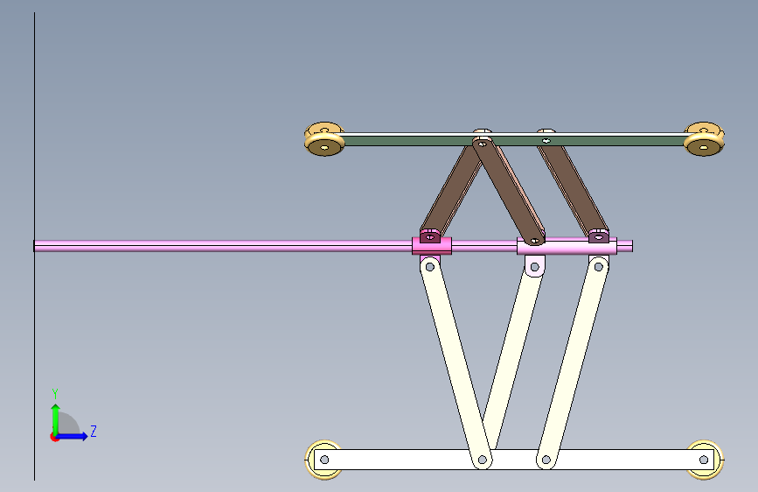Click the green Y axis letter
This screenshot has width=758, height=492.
click(55, 393)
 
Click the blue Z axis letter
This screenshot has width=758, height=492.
click(94, 431)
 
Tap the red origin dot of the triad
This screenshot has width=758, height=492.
click(54, 437)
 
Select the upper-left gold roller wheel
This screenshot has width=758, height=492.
click(324, 139)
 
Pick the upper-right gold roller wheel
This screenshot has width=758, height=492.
click(704, 139)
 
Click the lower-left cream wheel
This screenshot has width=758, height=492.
click(323, 460)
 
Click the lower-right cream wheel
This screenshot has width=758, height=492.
click(705, 460)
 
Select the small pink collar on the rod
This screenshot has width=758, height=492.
click(432, 245)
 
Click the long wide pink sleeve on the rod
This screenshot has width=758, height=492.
click(567, 246)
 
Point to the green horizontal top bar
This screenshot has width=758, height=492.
click(514, 141)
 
